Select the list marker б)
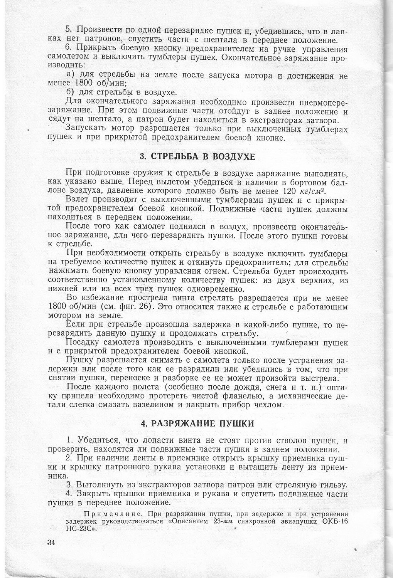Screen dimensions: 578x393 (71, 92)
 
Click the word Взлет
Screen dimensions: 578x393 (78, 200)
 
